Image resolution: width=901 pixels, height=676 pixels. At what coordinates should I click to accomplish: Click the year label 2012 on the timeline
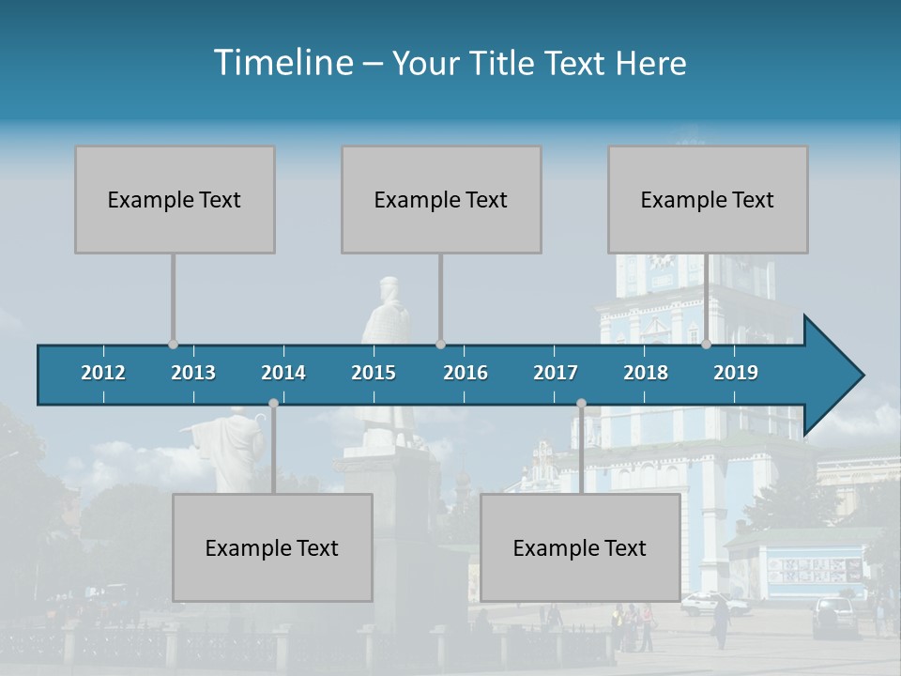(103, 373)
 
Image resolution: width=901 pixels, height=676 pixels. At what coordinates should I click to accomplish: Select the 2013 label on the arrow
(193, 373)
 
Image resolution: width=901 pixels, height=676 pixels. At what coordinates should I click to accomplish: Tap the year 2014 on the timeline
(283, 373)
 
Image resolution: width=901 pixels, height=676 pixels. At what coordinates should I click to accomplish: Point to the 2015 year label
(374, 373)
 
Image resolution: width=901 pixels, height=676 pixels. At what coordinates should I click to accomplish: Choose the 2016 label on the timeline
(466, 373)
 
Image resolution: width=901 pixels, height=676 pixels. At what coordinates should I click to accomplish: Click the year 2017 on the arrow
(556, 373)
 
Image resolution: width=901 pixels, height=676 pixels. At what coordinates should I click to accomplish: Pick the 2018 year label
(646, 373)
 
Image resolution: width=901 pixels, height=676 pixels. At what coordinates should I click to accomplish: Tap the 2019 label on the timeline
(736, 373)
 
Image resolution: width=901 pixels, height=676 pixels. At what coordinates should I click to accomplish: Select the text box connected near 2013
(175, 199)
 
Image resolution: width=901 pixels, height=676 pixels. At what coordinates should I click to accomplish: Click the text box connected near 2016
(441, 199)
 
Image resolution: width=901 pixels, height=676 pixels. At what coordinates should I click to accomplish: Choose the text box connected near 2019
(708, 199)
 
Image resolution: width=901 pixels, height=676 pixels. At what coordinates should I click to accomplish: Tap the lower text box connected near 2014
(272, 547)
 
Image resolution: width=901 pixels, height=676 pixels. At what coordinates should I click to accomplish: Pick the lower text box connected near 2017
(580, 547)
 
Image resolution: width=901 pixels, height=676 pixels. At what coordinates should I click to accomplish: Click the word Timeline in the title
(283, 63)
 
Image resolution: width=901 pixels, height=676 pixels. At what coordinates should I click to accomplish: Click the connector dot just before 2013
(173, 345)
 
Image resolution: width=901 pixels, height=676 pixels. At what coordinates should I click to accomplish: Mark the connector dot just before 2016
(441, 345)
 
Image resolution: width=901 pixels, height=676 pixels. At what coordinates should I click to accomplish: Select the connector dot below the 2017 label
(581, 404)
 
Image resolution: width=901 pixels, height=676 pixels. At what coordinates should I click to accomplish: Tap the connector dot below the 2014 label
(273, 404)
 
